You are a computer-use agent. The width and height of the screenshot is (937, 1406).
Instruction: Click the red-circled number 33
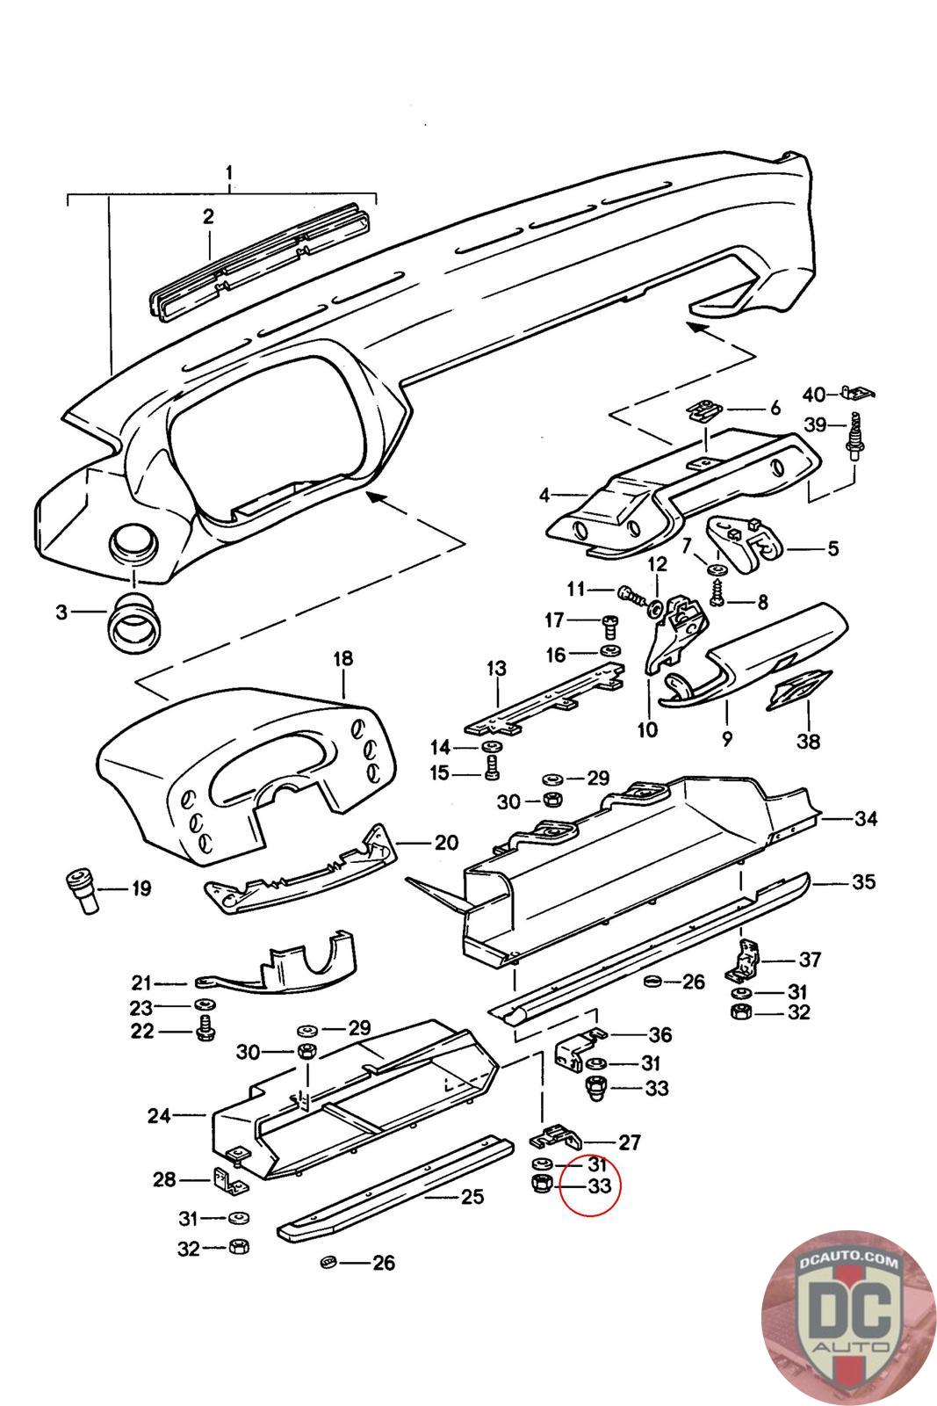[x=599, y=1185]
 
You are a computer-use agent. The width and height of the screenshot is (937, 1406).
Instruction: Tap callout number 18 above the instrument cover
[x=342, y=659]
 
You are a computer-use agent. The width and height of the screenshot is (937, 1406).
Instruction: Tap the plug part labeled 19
[x=82, y=890]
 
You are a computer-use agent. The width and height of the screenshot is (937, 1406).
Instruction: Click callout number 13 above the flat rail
[x=496, y=668]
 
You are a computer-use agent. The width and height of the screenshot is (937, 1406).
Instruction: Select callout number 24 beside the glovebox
[x=159, y=1116]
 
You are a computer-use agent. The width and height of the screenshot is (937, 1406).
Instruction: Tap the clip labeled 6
[x=703, y=410]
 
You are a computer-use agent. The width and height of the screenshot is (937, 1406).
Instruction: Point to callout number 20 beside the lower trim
[x=446, y=843]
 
